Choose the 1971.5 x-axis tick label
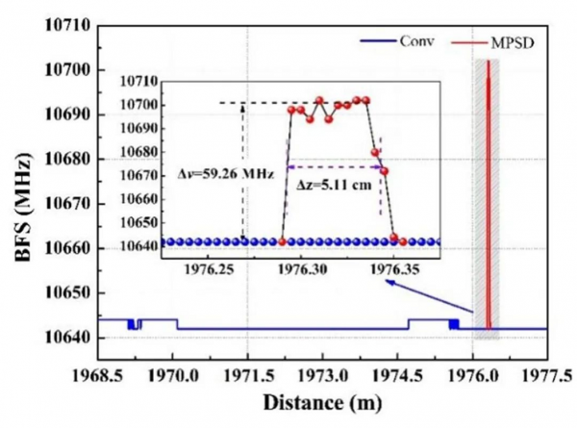[248, 371]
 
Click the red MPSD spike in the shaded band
[488, 192]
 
